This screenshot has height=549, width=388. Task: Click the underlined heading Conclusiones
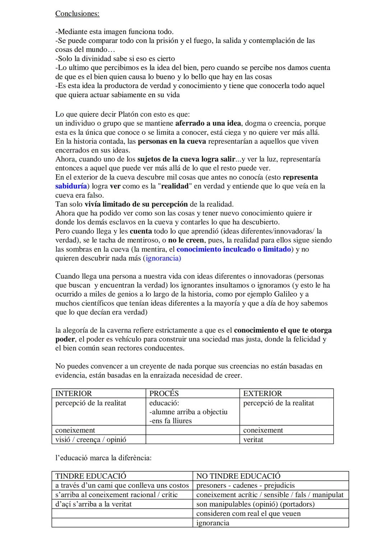pos(77,14)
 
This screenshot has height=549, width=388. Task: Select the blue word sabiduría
pos(71,186)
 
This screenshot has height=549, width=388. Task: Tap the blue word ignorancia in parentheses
pos(163,258)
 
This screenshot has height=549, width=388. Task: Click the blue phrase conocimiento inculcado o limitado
pos(234,249)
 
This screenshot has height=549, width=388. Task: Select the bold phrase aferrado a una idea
pos(208,123)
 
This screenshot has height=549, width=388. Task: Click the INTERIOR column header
pos(74,393)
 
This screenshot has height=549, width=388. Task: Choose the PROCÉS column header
pos(164,393)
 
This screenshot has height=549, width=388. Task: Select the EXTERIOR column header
pos(263,393)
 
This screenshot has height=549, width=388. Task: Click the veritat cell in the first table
pos(253,439)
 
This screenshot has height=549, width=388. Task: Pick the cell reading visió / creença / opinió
pos(91,439)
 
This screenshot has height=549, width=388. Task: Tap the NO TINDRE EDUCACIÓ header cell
pos(239,476)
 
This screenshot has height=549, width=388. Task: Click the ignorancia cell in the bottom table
pos(213,523)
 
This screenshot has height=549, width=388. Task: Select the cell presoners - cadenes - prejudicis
pos(245,485)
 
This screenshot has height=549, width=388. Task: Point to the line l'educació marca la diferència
pos(103,458)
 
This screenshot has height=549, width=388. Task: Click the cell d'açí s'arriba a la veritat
pos(93,504)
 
